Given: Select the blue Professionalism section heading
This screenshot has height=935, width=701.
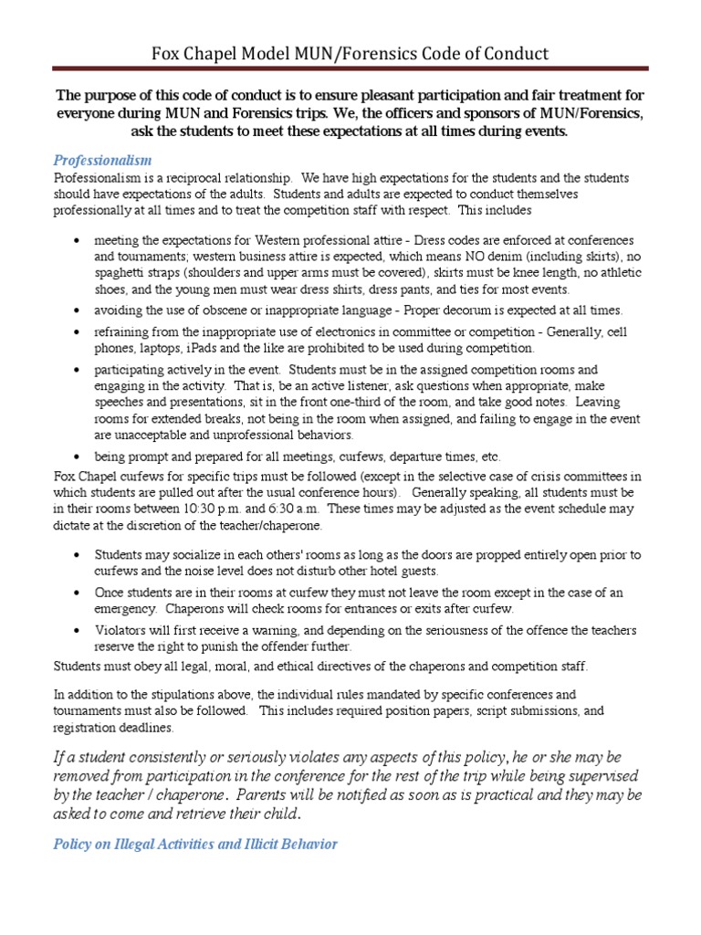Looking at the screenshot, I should [x=102, y=161].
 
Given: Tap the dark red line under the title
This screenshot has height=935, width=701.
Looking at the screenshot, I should [x=350, y=68].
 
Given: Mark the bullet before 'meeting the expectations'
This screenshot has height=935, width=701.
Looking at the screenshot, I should [x=75, y=242].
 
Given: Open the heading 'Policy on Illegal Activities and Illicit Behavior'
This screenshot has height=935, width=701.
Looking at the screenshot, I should [x=195, y=844].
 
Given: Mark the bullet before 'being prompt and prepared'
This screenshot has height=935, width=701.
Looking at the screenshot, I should [x=75, y=457].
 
